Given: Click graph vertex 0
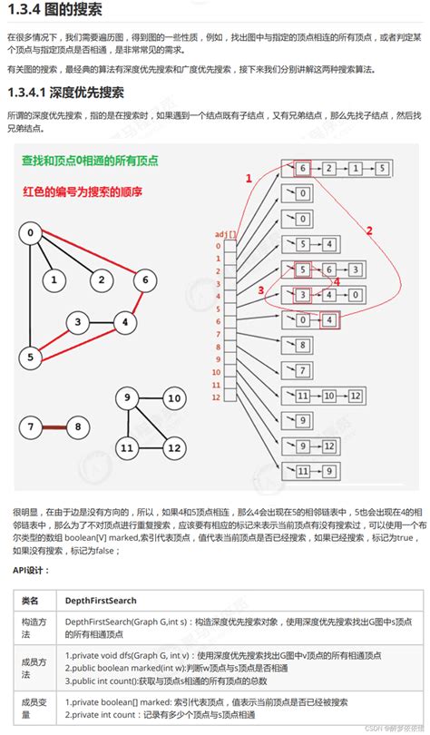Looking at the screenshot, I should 33,234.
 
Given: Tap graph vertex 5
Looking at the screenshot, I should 31,358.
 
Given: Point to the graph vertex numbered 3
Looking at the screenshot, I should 80,321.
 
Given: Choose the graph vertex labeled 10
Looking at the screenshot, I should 173,397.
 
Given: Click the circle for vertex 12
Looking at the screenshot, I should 173,447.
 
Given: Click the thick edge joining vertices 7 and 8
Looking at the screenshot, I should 56,426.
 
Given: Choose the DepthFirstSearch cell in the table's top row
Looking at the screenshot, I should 102,600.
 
